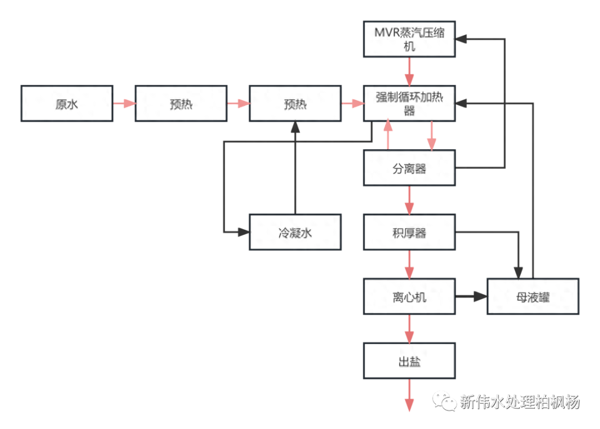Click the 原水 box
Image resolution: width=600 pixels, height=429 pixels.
coord(67,103)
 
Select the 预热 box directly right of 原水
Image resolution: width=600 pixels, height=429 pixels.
coord(181,103)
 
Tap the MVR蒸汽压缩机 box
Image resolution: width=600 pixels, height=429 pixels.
coord(409,39)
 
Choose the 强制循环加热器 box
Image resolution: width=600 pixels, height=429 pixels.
coord(409,103)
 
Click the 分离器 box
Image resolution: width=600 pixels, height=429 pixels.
coord(409,169)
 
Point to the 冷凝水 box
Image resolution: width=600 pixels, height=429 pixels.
coord(294,233)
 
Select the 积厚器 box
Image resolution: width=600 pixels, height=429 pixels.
coord(409,233)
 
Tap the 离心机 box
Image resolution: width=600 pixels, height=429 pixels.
coord(409,297)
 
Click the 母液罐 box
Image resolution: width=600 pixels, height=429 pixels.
coord(533,297)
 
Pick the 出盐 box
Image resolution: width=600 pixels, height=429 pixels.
coord(409,361)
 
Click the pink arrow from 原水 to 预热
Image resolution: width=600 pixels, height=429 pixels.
coord(124,103)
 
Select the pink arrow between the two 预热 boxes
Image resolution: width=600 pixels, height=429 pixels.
coord(238,103)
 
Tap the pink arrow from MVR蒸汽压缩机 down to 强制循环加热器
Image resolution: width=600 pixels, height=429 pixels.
coord(409,71)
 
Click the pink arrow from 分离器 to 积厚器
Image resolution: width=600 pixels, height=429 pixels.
coord(409,200)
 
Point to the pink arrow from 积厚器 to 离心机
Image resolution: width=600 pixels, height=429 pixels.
coord(409,265)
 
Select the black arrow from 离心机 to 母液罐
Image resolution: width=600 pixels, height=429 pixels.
coord(471,297)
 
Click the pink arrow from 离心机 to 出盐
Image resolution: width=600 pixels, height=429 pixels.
coord(409,329)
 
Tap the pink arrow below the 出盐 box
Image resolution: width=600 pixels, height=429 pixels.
coord(409,396)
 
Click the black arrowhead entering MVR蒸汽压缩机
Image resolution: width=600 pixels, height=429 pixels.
coord(463,39)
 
